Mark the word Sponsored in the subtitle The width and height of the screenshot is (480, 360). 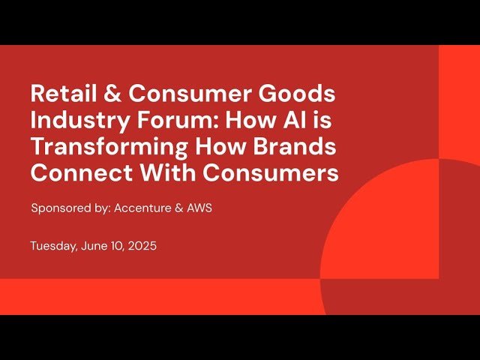click(62, 208)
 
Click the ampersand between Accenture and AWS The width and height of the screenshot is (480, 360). click(177, 208)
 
